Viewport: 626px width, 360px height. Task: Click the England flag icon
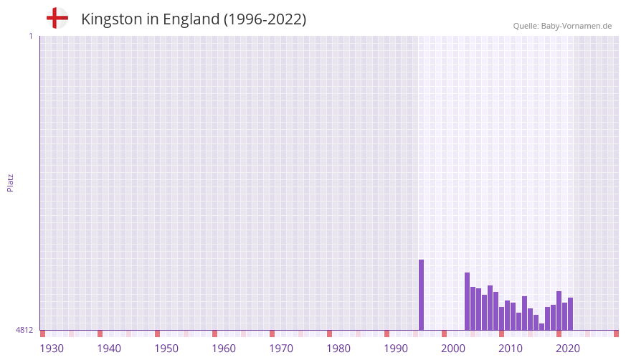[x=57, y=18]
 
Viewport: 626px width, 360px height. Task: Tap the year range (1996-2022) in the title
[x=265, y=19]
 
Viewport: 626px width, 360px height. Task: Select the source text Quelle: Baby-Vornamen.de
[x=562, y=26]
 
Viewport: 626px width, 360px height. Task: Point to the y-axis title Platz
[x=10, y=182]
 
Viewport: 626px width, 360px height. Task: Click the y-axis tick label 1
[x=30, y=36]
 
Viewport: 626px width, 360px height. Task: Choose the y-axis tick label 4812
[x=24, y=330]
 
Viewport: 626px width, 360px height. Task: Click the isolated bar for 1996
[x=422, y=295]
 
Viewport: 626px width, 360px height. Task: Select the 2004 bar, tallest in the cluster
[x=468, y=301]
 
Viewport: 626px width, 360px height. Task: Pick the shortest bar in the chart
[x=542, y=327]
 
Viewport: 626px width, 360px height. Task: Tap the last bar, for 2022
[x=571, y=314]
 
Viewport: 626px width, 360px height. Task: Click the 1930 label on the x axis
[x=52, y=349]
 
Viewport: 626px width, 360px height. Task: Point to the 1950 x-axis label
[x=166, y=349]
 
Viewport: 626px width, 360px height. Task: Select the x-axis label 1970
[x=281, y=349]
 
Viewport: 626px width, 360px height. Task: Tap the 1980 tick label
[x=338, y=349]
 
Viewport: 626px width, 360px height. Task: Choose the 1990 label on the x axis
[x=396, y=349]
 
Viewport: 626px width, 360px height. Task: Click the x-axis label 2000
[x=453, y=349]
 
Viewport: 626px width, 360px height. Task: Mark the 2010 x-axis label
[x=511, y=349]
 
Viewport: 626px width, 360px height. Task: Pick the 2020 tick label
[x=568, y=349]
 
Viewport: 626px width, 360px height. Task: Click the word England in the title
[x=191, y=19]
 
